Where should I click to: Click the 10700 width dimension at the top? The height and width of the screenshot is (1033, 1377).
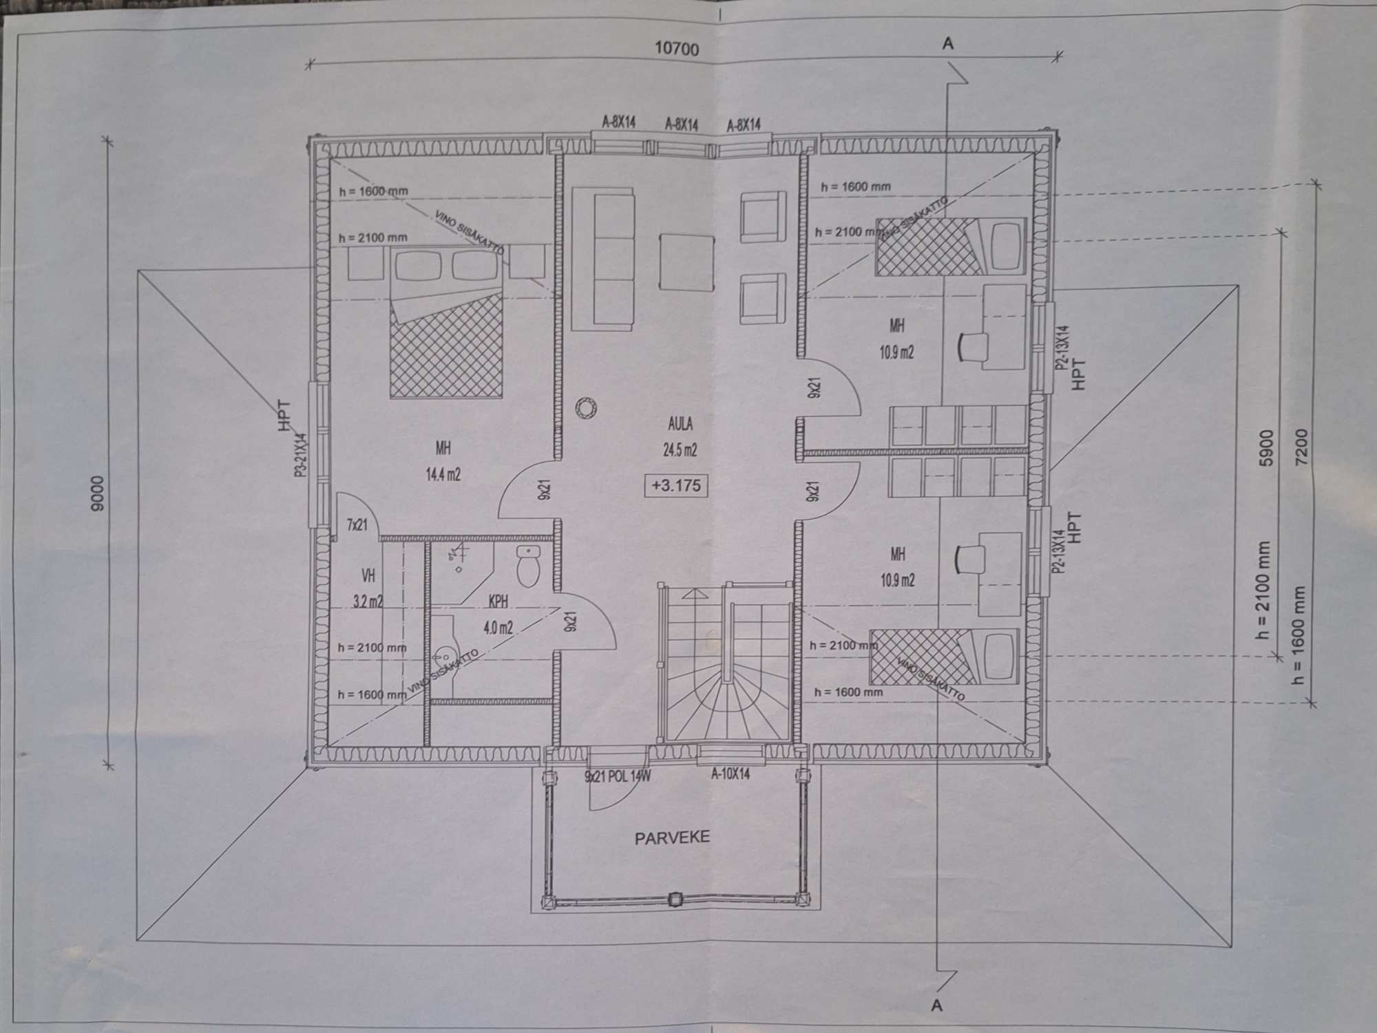[x=676, y=49]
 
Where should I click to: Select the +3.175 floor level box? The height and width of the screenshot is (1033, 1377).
[x=676, y=485]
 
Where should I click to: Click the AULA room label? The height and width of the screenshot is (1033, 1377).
[x=680, y=424]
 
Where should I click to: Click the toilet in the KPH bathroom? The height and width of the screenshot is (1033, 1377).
[x=527, y=566]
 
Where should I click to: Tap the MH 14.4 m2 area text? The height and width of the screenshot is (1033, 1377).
[x=443, y=474]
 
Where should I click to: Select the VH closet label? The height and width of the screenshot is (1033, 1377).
[x=368, y=575]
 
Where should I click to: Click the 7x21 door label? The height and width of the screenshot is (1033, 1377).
[x=357, y=526]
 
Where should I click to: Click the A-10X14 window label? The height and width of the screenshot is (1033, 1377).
[x=730, y=774]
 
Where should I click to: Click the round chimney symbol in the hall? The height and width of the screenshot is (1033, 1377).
[x=586, y=407]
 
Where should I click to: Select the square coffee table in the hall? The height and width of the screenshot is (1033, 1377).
[x=686, y=263]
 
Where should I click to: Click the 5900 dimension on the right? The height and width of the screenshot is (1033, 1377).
[x=1266, y=449]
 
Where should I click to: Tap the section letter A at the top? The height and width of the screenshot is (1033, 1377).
[x=948, y=44]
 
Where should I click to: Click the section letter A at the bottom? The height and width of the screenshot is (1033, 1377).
[x=936, y=1005]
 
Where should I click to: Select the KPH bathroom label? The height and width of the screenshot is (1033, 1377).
[x=498, y=601]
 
